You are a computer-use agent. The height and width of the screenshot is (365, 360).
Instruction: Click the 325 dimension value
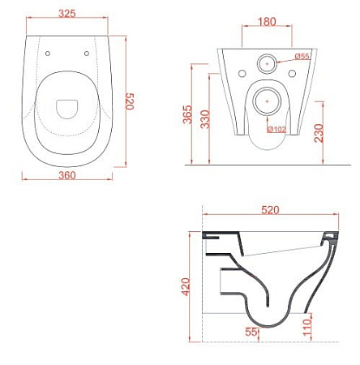(x=67, y=14)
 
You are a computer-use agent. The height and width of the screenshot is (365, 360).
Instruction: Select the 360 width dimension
(x=67, y=175)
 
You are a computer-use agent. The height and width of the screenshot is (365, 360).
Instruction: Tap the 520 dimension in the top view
(x=130, y=101)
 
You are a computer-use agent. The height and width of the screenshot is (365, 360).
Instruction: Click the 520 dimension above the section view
(x=270, y=210)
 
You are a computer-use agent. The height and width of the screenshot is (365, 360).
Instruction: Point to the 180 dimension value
(x=267, y=22)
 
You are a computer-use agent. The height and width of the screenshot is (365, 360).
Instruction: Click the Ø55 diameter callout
(x=302, y=56)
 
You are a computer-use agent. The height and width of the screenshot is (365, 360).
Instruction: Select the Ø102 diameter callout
(x=276, y=129)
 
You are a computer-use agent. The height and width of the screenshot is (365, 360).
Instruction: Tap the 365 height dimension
(x=187, y=114)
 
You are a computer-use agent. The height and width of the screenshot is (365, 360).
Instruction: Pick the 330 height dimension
(x=205, y=119)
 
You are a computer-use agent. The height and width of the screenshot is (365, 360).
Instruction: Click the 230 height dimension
(x=319, y=133)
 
